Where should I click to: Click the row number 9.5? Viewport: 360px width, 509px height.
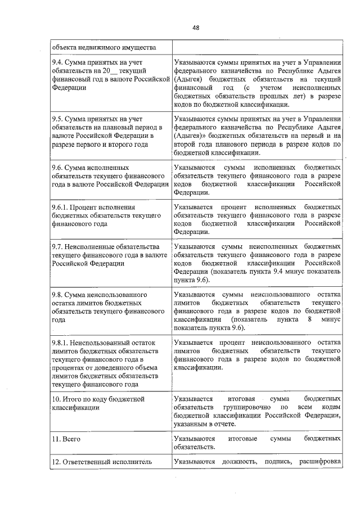[57, 119]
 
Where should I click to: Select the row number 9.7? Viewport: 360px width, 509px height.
[57, 247]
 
